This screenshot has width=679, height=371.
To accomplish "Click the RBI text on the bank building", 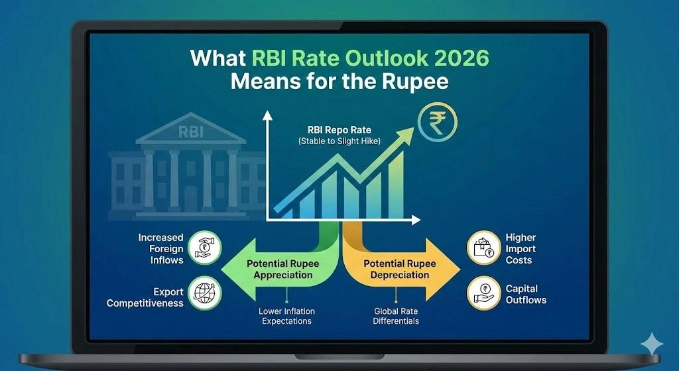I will click(190, 132).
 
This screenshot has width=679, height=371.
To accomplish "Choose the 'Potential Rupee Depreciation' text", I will click(397, 269).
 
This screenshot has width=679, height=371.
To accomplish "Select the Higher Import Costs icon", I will click(483, 248).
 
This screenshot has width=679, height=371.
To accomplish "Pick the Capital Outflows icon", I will click(483, 293).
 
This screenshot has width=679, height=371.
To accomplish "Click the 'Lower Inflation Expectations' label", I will click(286, 316).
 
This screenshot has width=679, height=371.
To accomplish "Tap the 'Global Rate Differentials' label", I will click(397, 316).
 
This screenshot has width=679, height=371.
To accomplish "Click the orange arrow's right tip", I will click(459, 269).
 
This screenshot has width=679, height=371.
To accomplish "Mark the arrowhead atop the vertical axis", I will click(268, 115).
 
